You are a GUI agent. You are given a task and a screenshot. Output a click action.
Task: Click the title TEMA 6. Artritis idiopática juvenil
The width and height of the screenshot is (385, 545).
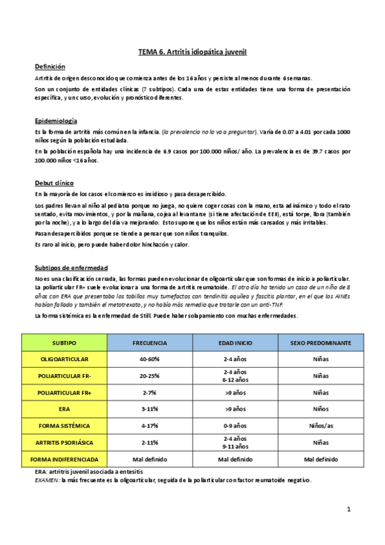point(193,51)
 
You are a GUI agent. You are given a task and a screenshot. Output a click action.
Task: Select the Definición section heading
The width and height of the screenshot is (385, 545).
point(49,67)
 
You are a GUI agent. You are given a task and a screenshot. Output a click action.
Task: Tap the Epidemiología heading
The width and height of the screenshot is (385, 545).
point(56,121)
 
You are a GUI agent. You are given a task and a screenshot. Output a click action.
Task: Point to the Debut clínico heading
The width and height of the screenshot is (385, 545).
point(54,183)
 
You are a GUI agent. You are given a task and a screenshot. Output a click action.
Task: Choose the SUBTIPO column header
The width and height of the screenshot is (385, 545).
point(64,343)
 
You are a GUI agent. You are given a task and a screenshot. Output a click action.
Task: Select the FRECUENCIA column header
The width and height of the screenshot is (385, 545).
point(150,343)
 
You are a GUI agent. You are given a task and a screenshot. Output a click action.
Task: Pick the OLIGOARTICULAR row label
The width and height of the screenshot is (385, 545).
point(64,359)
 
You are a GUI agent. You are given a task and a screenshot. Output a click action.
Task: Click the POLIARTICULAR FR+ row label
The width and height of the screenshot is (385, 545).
point(64,392)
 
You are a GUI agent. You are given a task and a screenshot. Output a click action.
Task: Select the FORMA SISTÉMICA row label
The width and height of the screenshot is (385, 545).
point(64,425)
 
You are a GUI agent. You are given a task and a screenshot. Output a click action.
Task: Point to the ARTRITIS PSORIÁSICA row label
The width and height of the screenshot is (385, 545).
point(64,442)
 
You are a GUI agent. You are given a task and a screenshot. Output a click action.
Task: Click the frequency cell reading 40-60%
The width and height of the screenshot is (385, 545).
point(150,359)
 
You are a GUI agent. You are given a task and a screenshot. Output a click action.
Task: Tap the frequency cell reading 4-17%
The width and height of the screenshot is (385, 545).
point(150,425)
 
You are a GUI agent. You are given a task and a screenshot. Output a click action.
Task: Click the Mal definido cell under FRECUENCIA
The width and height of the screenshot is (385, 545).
point(150,459)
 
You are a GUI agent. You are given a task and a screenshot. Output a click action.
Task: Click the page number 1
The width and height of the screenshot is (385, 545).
point(348,510)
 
